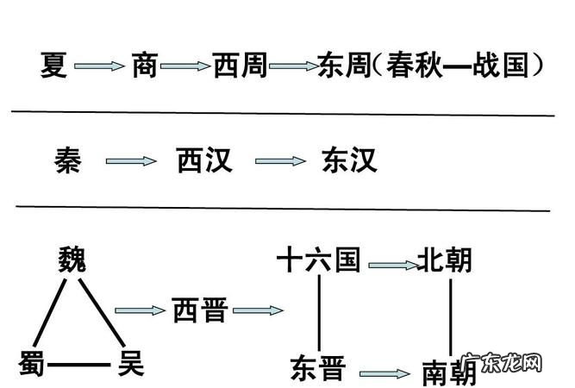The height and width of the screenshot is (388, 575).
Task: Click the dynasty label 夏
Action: coord(54,65)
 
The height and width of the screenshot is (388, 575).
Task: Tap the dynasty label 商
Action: coord(145,65)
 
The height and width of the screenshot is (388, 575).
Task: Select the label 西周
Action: coord(240,65)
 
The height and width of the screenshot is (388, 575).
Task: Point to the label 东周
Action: coord(342,65)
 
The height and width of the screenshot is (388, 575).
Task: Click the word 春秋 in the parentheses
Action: coord(413,65)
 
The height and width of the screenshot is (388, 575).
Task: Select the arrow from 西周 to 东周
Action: coord(292,66)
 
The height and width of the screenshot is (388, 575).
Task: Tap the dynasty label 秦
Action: coord(67,160)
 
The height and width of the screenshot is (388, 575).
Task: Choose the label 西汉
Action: coord(204,160)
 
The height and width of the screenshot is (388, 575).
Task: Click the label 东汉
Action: coord(349,160)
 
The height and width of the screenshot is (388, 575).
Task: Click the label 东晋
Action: coord(317,368)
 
